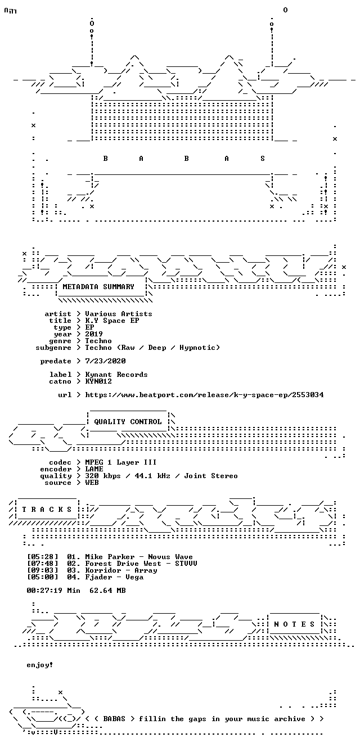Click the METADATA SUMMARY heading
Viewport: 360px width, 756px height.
(98, 286)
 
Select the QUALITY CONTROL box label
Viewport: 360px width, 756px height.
(128, 421)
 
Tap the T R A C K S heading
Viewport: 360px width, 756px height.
(47, 509)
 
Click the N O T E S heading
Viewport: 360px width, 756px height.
(294, 624)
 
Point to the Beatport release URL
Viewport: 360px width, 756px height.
(204, 395)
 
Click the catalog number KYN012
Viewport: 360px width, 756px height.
(98, 381)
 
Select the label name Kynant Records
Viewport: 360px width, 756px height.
(116, 375)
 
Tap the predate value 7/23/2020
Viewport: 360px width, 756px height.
(105, 361)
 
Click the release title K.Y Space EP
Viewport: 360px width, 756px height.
(112, 320)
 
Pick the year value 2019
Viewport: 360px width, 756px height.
(94, 334)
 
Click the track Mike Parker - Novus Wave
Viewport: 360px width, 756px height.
(139, 556)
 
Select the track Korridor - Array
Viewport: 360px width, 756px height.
(121, 570)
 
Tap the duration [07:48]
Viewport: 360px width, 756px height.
(42, 563)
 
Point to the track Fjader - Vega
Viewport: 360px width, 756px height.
(114, 577)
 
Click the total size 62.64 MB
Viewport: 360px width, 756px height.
(107, 590)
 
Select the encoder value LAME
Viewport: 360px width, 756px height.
(94, 469)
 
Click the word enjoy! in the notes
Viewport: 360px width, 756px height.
(40, 665)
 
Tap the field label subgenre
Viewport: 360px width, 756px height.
(53, 348)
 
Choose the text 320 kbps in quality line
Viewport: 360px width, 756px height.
(102, 476)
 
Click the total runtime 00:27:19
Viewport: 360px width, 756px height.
(44, 590)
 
